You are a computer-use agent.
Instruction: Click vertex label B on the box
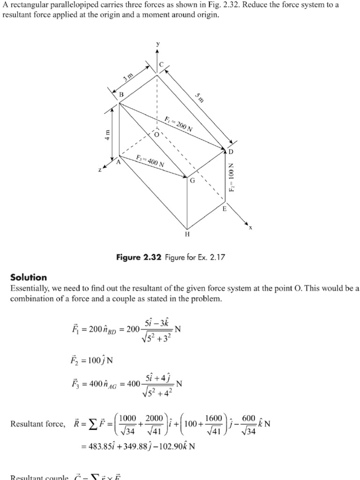point(121,95)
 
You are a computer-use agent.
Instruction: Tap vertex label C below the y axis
point(161,65)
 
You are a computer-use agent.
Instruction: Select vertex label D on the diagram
point(231,152)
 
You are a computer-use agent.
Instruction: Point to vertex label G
point(192,180)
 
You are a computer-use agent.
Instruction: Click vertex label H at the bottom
point(187,234)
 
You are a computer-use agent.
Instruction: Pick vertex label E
point(224,209)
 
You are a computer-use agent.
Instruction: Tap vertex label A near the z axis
point(118,162)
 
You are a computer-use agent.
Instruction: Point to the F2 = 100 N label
point(231,177)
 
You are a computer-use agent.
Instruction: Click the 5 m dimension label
point(200,97)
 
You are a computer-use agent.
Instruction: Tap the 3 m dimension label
point(128,77)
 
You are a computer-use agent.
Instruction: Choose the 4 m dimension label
point(107,135)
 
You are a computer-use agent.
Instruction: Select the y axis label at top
point(158,44)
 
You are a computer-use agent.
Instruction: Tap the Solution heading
point(29,277)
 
